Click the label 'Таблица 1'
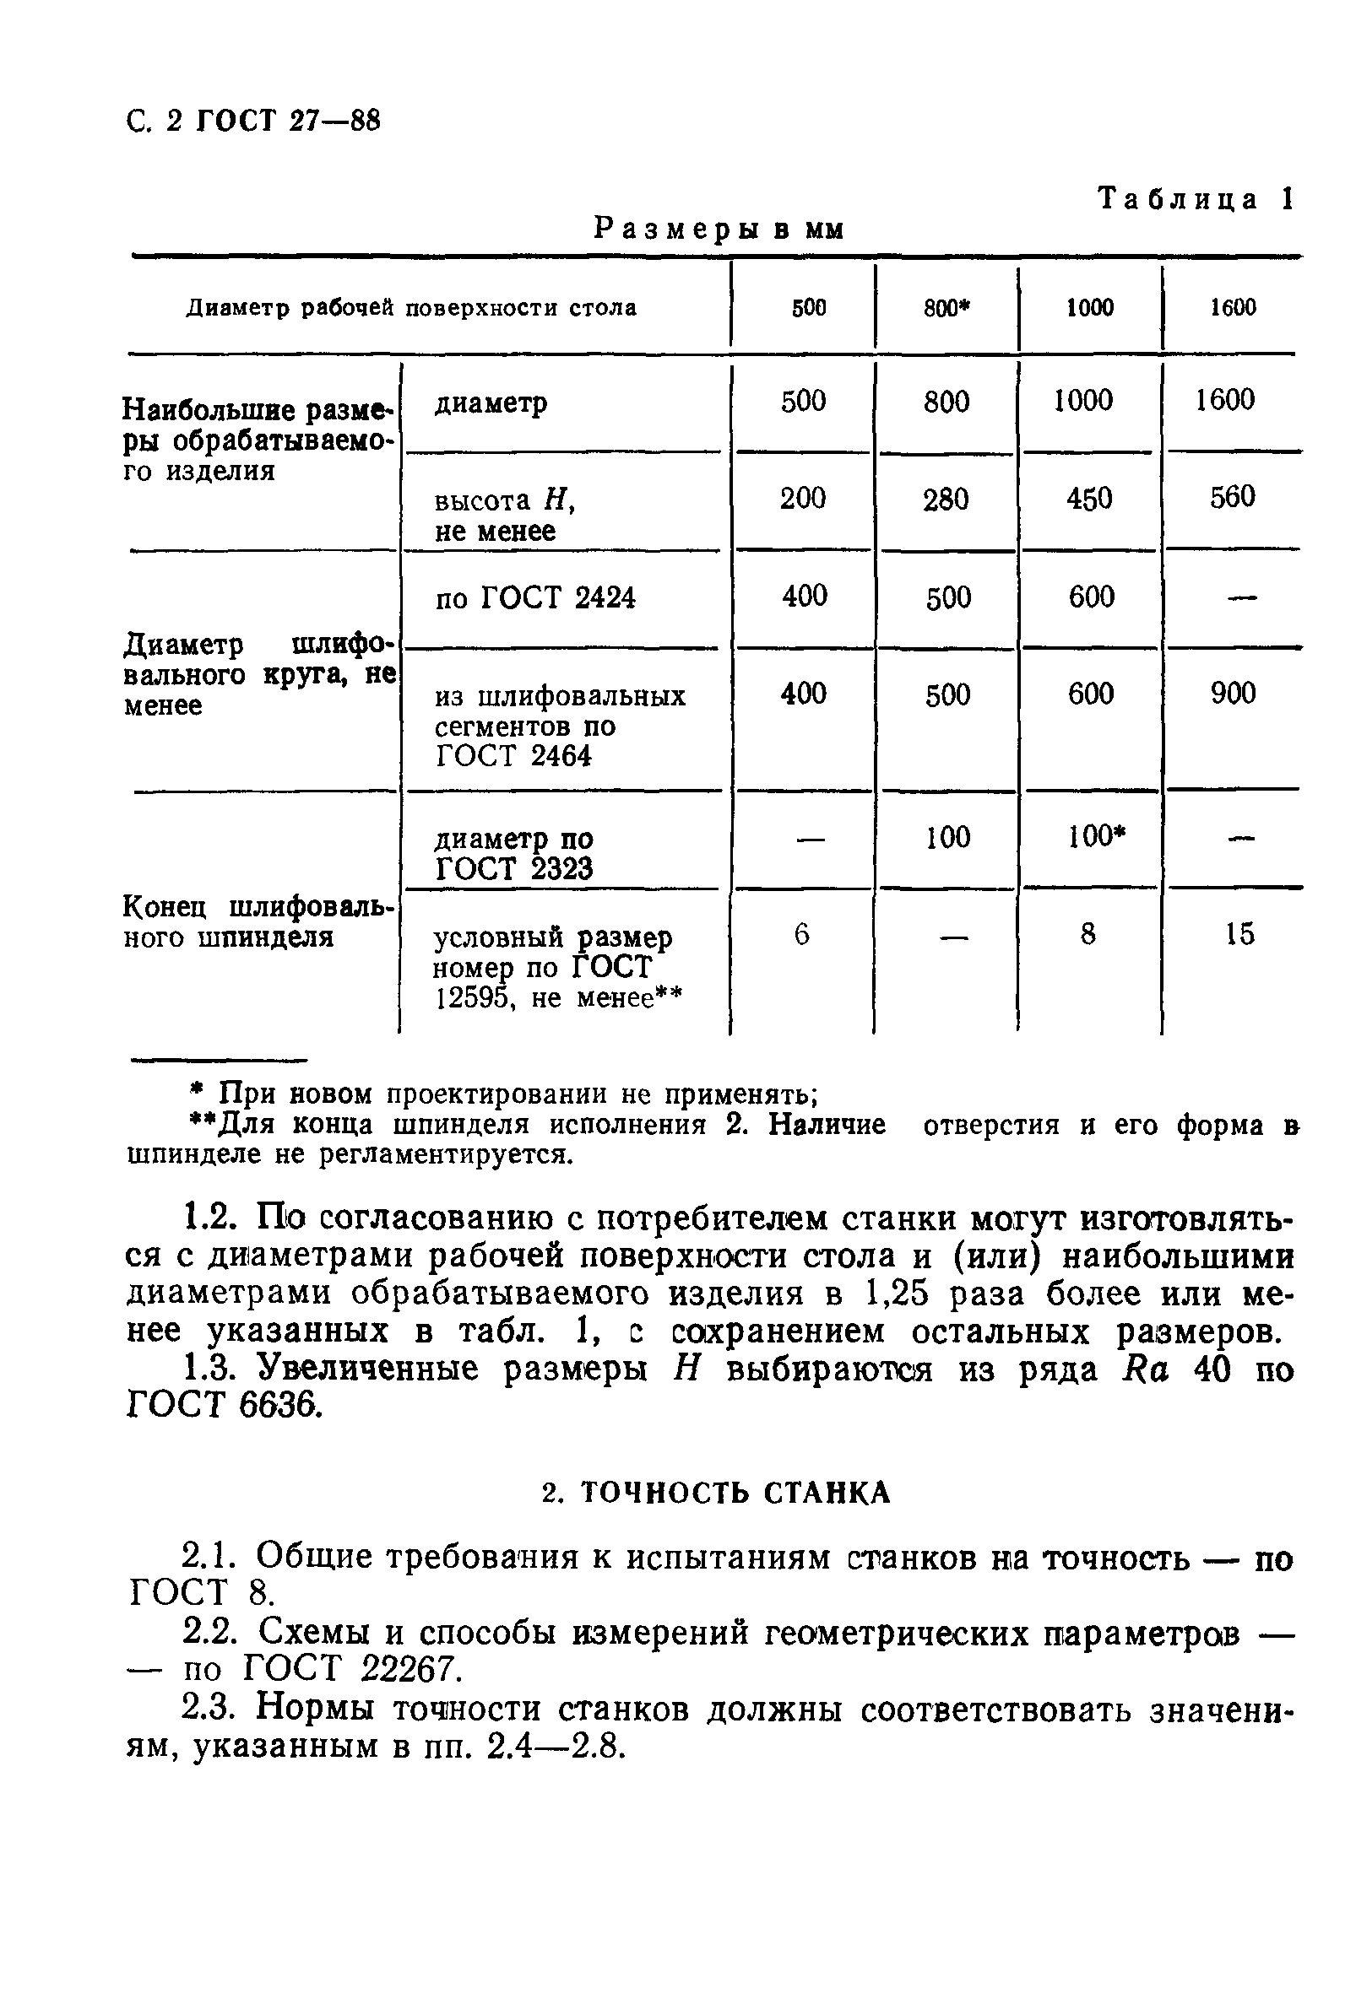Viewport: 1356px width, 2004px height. pos(1196,199)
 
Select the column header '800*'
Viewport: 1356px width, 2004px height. pos(946,309)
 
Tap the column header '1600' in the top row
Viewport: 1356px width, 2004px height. pos(1232,308)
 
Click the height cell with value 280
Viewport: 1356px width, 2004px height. pos(946,500)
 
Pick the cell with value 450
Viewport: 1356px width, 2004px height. pos(1088,499)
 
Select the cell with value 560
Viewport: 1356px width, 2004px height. pos(1232,497)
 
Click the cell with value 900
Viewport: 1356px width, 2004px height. pos(1233,694)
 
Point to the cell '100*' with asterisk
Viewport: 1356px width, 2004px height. pos(1096,836)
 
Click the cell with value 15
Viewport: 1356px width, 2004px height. pos(1239,934)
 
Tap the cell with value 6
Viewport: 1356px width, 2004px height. pos(801,934)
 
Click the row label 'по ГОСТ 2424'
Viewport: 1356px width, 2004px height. pos(534,597)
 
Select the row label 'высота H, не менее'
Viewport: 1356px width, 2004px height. pos(505,516)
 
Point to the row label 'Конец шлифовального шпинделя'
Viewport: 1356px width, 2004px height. pos(258,921)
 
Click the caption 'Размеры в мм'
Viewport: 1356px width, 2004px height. pos(719,229)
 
